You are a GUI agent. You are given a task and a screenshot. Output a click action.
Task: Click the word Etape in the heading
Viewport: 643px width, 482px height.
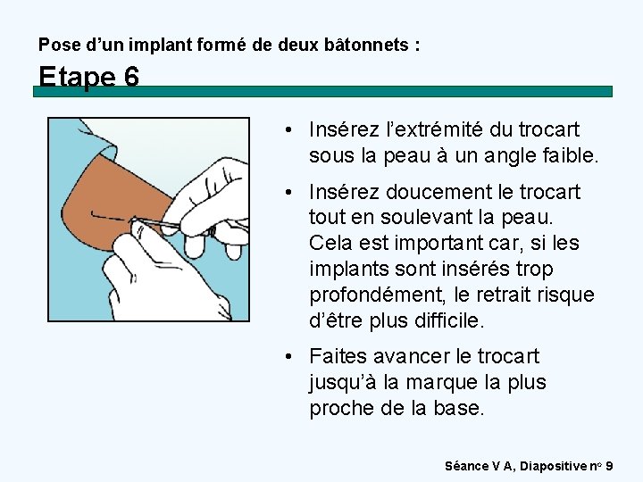point(77,77)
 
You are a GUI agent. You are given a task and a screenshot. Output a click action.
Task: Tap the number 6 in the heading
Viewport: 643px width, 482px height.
point(131,76)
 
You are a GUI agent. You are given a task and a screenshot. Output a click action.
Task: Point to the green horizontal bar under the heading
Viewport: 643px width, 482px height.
point(322,91)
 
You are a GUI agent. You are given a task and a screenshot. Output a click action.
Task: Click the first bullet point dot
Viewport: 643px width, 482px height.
point(288,130)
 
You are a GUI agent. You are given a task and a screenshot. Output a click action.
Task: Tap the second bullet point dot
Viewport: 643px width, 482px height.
point(288,192)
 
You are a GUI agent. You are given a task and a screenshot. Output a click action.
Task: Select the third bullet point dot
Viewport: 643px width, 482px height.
point(288,356)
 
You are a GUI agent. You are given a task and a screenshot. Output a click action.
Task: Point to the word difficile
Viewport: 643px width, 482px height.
point(449,320)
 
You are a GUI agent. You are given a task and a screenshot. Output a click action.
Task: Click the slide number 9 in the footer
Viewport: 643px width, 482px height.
point(609,466)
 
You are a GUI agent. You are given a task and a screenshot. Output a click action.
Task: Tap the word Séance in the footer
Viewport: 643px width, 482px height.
point(466,466)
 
